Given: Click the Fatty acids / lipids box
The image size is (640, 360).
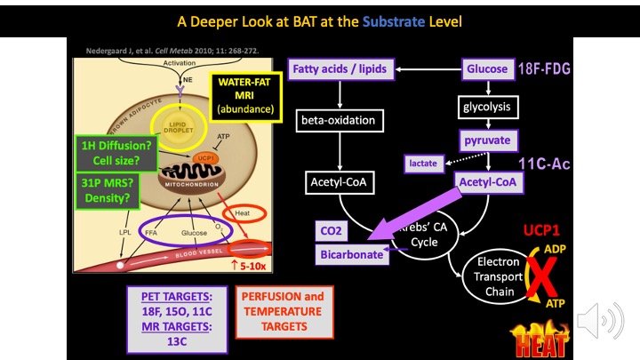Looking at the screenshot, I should (x=341, y=69).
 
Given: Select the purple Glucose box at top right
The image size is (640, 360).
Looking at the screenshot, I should (x=487, y=68).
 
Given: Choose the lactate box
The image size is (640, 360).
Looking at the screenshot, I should (x=422, y=164).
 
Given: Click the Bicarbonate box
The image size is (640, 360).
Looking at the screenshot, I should (x=351, y=255).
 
